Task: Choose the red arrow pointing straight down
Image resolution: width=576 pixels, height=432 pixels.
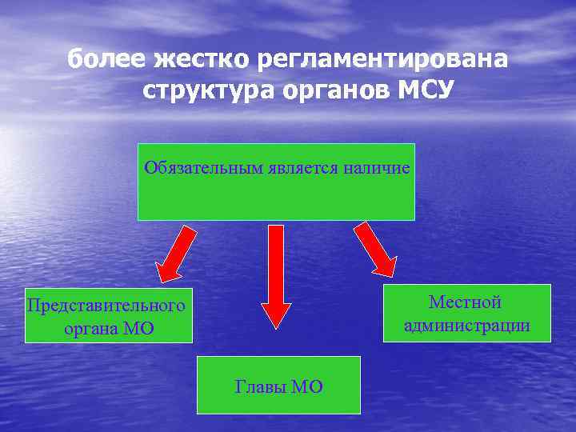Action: click(x=276, y=276)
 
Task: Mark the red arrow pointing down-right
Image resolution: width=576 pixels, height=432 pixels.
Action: click(x=375, y=249)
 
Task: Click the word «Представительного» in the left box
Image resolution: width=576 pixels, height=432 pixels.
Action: click(x=106, y=305)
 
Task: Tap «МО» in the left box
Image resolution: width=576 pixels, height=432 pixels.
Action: click(x=138, y=328)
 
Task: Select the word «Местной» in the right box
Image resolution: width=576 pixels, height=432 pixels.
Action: click(x=465, y=302)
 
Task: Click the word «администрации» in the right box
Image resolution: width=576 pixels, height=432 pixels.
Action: click(x=467, y=326)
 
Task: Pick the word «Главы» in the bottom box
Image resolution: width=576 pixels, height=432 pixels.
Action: click(x=260, y=387)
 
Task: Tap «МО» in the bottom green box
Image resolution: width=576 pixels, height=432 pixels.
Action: click(x=307, y=387)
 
